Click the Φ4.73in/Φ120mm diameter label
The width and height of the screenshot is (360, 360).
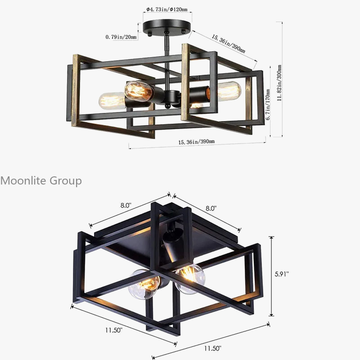(167, 9)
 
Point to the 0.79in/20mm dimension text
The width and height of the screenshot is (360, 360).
(121, 37)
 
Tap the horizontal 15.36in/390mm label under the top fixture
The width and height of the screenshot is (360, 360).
(196, 142)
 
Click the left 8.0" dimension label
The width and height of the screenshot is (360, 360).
(126, 205)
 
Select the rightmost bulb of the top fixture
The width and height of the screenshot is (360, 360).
(229, 90)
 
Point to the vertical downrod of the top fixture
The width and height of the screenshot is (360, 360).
(167, 61)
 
